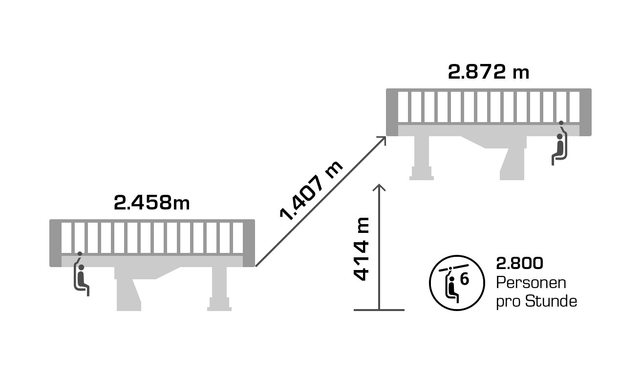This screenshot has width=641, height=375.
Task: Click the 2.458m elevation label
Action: pos(151,203)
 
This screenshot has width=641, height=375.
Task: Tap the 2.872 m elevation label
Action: pos(489,72)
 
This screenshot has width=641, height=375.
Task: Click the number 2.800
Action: pos(519,264)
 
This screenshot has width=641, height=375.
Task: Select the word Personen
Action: pos(531,283)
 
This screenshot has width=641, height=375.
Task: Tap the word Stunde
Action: pos(551,301)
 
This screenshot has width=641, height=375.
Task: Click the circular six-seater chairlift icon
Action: pos(457,283)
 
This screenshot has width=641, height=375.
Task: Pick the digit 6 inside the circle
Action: pos(465,279)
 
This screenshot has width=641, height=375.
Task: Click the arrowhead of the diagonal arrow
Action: pos(382,140)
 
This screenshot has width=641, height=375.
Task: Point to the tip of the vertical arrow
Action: pos(379,186)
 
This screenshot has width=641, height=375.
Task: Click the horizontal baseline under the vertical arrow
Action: pos(379,310)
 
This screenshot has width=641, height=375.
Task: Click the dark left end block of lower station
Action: pos(55,243)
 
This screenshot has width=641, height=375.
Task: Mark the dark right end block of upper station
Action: pos(585,112)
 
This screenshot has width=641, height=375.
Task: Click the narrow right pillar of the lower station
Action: pos(219,291)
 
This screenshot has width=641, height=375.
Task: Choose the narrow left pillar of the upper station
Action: pos(422,159)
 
